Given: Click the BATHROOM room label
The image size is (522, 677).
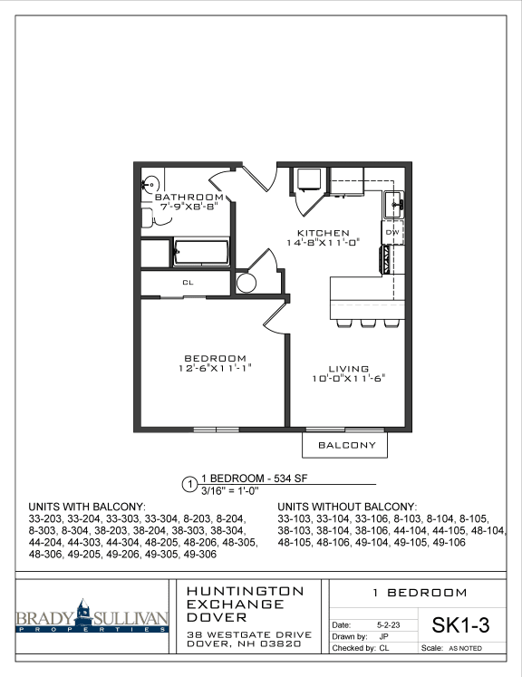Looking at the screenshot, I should pyautogui.click(x=188, y=197).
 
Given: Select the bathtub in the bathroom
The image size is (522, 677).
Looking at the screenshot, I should pyautogui.click(x=202, y=251).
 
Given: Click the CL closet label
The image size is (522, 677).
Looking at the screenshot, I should pyautogui.click(x=188, y=283).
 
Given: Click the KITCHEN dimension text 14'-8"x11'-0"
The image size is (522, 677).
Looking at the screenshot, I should pyautogui.click(x=324, y=243).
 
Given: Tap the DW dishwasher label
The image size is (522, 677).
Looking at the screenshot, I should pyautogui.click(x=392, y=233).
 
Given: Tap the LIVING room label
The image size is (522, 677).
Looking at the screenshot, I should pyautogui.click(x=348, y=369).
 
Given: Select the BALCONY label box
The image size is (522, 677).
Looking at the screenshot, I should pyautogui.click(x=344, y=446).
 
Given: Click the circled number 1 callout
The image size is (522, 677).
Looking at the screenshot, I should pyautogui.click(x=189, y=483).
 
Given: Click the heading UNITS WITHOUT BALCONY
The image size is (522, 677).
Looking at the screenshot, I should pyautogui.click(x=347, y=507).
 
